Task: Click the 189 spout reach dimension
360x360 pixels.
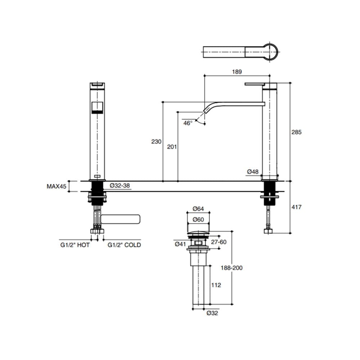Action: (237, 72)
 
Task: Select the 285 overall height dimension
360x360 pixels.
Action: (296, 132)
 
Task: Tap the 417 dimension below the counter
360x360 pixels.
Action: (296, 207)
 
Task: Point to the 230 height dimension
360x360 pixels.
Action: (156, 141)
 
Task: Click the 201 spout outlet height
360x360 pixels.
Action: (172, 147)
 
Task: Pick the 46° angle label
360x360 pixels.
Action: (188, 123)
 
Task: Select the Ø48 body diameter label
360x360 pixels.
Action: (253, 171)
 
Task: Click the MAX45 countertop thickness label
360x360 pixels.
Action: (57, 186)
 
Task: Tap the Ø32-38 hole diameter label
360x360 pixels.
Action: (120, 185)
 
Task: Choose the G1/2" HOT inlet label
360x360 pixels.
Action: (75, 245)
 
